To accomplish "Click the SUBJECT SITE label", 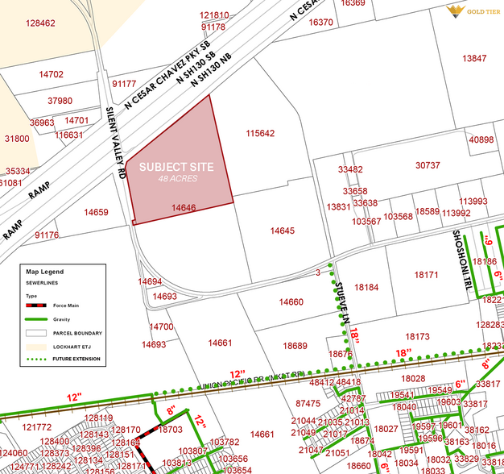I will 176,167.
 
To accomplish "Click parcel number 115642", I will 260,134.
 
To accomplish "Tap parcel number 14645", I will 283,231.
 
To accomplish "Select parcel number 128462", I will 40,23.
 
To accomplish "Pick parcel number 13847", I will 474,58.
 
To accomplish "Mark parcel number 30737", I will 428,165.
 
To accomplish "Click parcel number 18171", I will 426,276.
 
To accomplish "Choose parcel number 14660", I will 291,302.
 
